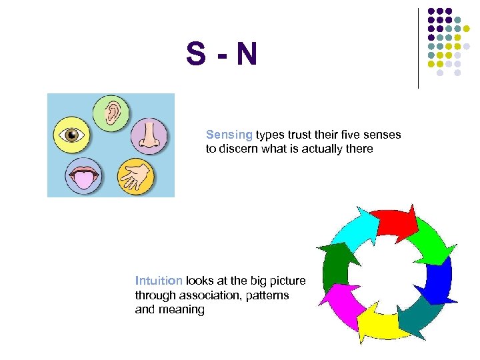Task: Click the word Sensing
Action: (x=229, y=135)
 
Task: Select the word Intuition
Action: (x=159, y=280)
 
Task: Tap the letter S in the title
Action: (x=196, y=55)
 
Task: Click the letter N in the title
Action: (x=245, y=55)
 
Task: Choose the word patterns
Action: (x=265, y=295)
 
